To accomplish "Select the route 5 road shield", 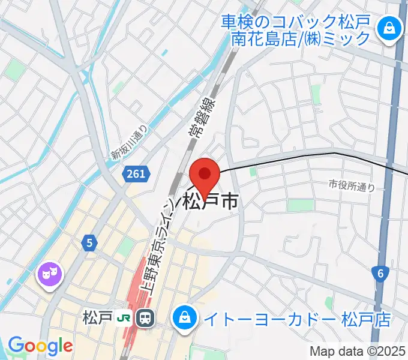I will click(89, 242).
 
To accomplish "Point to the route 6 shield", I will click(380, 274).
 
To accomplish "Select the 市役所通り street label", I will click(352, 187).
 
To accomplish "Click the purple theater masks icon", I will click(50, 274).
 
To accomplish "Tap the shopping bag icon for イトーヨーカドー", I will click(184, 318).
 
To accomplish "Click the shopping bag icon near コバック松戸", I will click(389, 28).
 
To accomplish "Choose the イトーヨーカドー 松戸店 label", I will click(295, 319).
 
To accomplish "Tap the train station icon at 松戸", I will click(145, 318).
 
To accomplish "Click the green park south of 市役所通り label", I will click(300, 206).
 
